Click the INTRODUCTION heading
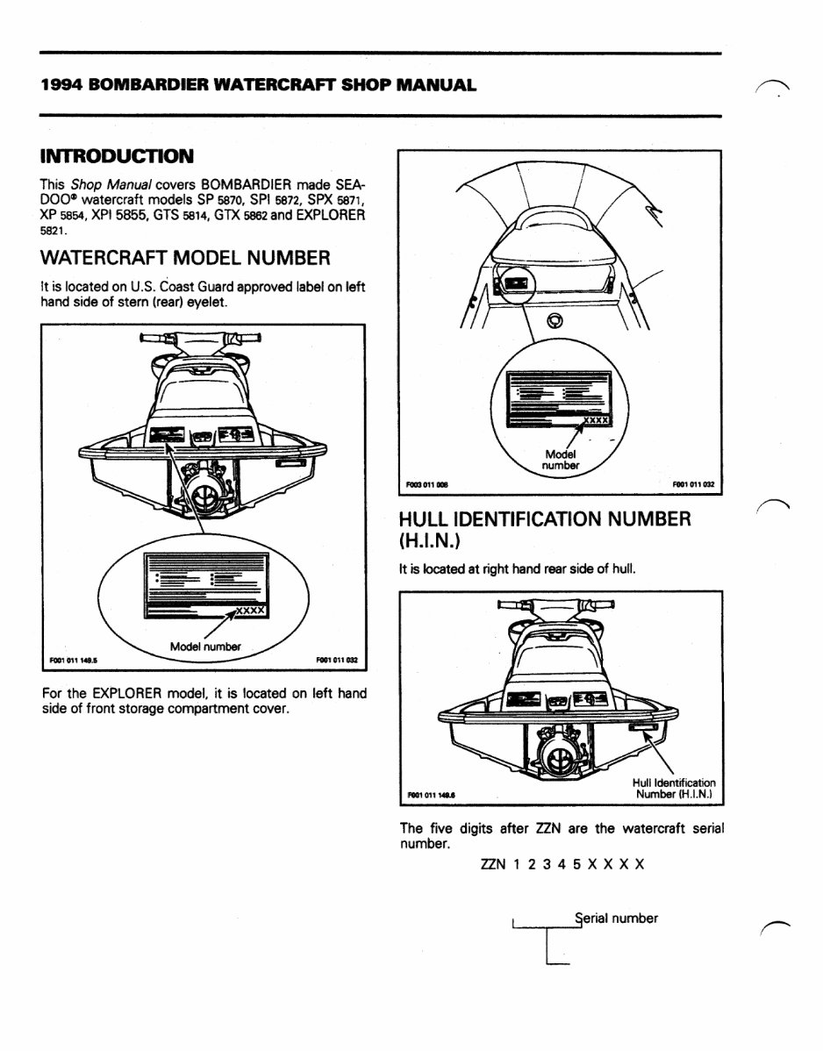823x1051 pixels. [x=117, y=157]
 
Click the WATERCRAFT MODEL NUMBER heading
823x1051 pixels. [x=185, y=258]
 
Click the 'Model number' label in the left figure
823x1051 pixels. [x=205, y=647]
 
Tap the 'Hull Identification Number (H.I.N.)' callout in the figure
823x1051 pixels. [x=673, y=789]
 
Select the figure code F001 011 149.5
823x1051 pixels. [x=74, y=661]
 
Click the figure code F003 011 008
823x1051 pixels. [x=426, y=483]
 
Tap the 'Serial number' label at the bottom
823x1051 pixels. [x=616, y=919]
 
